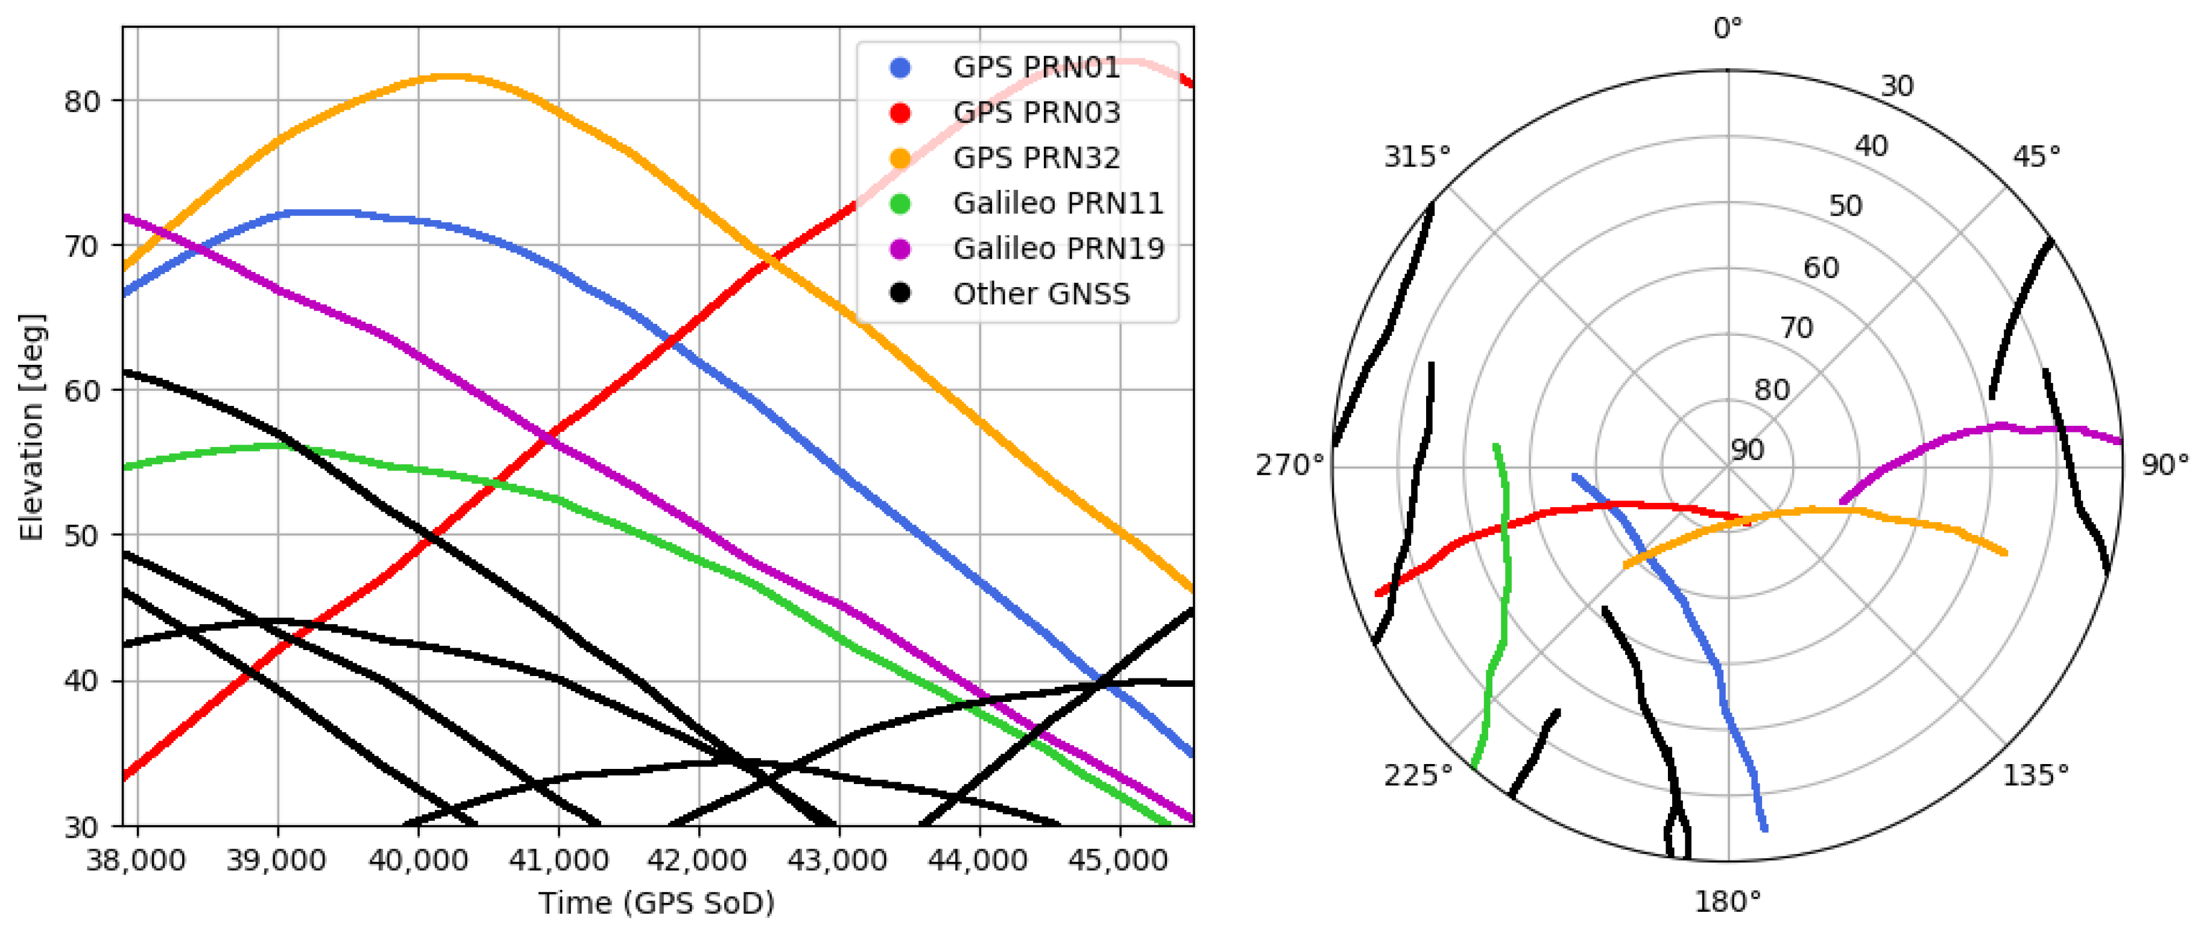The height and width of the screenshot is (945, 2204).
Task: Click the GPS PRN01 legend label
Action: click(x=1036, y=68)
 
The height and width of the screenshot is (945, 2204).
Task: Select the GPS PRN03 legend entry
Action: click(x=1036, y=113)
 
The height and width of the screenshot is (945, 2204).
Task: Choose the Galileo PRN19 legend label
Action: click(x=1058, y=249)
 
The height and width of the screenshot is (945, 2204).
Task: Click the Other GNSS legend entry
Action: click(x=1041, y=294)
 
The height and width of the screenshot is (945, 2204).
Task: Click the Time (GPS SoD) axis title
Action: click(x=656, y=903)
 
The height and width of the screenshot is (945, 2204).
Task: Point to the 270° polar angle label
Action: click(x=1289, y=466)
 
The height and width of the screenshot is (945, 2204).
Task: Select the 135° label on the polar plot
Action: click(x=2035, y=776)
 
